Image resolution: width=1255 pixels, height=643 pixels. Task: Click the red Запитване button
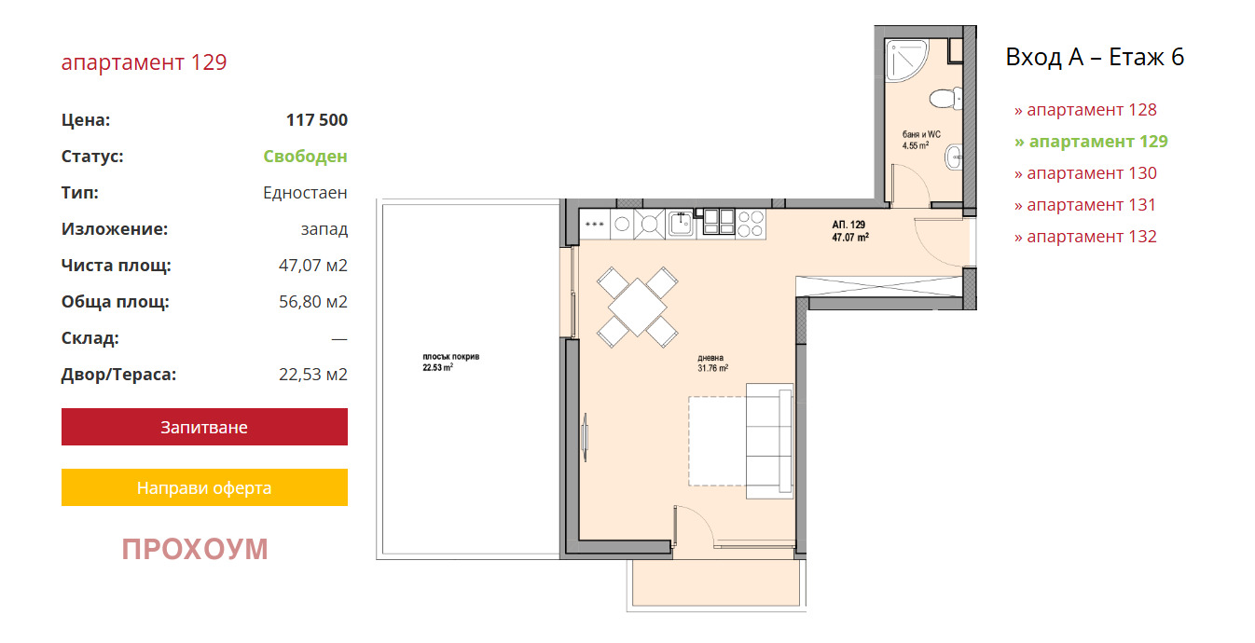tap(204, 427)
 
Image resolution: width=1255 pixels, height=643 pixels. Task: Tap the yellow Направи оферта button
tap(204, 487)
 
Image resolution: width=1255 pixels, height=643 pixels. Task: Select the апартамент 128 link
tap(1085, 110)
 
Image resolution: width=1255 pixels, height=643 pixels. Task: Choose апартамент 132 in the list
tap(1085, 237)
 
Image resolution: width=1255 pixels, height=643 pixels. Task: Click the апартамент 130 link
tap(1085, 173)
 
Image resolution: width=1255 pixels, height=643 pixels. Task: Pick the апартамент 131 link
tap(1085, 205)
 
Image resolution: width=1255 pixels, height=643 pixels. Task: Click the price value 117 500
tap(317, 120)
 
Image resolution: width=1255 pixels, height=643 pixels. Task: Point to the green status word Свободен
tap(305, 157)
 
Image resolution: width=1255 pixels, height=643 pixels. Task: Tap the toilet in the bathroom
tap(945, 99)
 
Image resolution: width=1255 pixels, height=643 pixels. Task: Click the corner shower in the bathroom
tap(903, 59)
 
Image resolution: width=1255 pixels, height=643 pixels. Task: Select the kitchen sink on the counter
tap(682, 224)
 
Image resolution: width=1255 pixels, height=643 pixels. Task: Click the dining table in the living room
tap(638, 307)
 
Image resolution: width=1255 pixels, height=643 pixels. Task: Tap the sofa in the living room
tap(770, 441)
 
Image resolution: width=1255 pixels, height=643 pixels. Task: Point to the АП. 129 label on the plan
tap(848, 225)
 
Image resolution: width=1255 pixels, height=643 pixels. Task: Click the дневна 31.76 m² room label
tap(712, 363)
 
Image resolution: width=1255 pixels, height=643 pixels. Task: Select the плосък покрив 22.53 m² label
tap(451, 363)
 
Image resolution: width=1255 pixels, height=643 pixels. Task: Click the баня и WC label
tap(921, 134)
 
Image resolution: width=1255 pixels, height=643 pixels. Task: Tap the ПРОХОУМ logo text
tap(195, 549)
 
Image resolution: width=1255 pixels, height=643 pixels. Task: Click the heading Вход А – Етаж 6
tap(1095, 57)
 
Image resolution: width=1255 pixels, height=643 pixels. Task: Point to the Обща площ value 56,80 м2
tap(313, 302)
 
